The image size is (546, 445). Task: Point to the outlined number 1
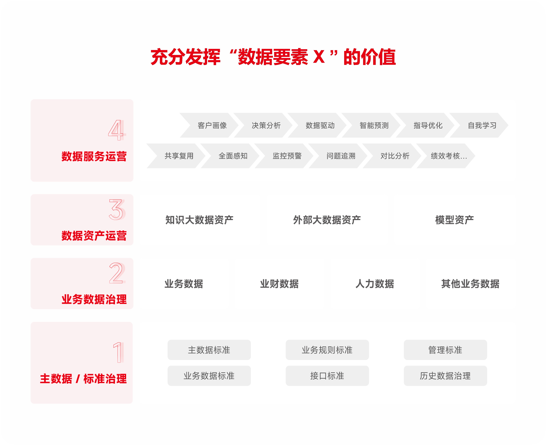[x=118, y=352]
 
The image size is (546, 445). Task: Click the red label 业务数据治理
[x=94, y=299]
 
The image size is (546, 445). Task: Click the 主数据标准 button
[x=209, y=350]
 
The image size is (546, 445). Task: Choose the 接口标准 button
[x=327, y=376]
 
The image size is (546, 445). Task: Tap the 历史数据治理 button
[x=445, y=376]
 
